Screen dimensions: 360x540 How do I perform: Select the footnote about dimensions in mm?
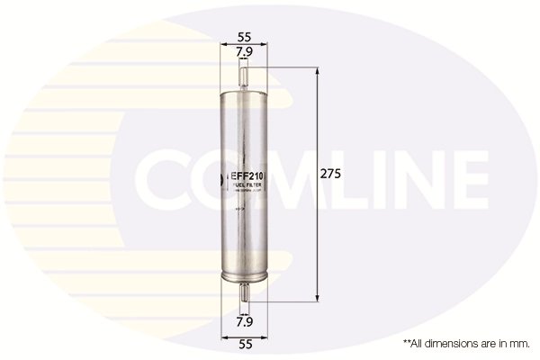pos(465,343)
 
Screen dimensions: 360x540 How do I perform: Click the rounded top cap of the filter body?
pos(242,90)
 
